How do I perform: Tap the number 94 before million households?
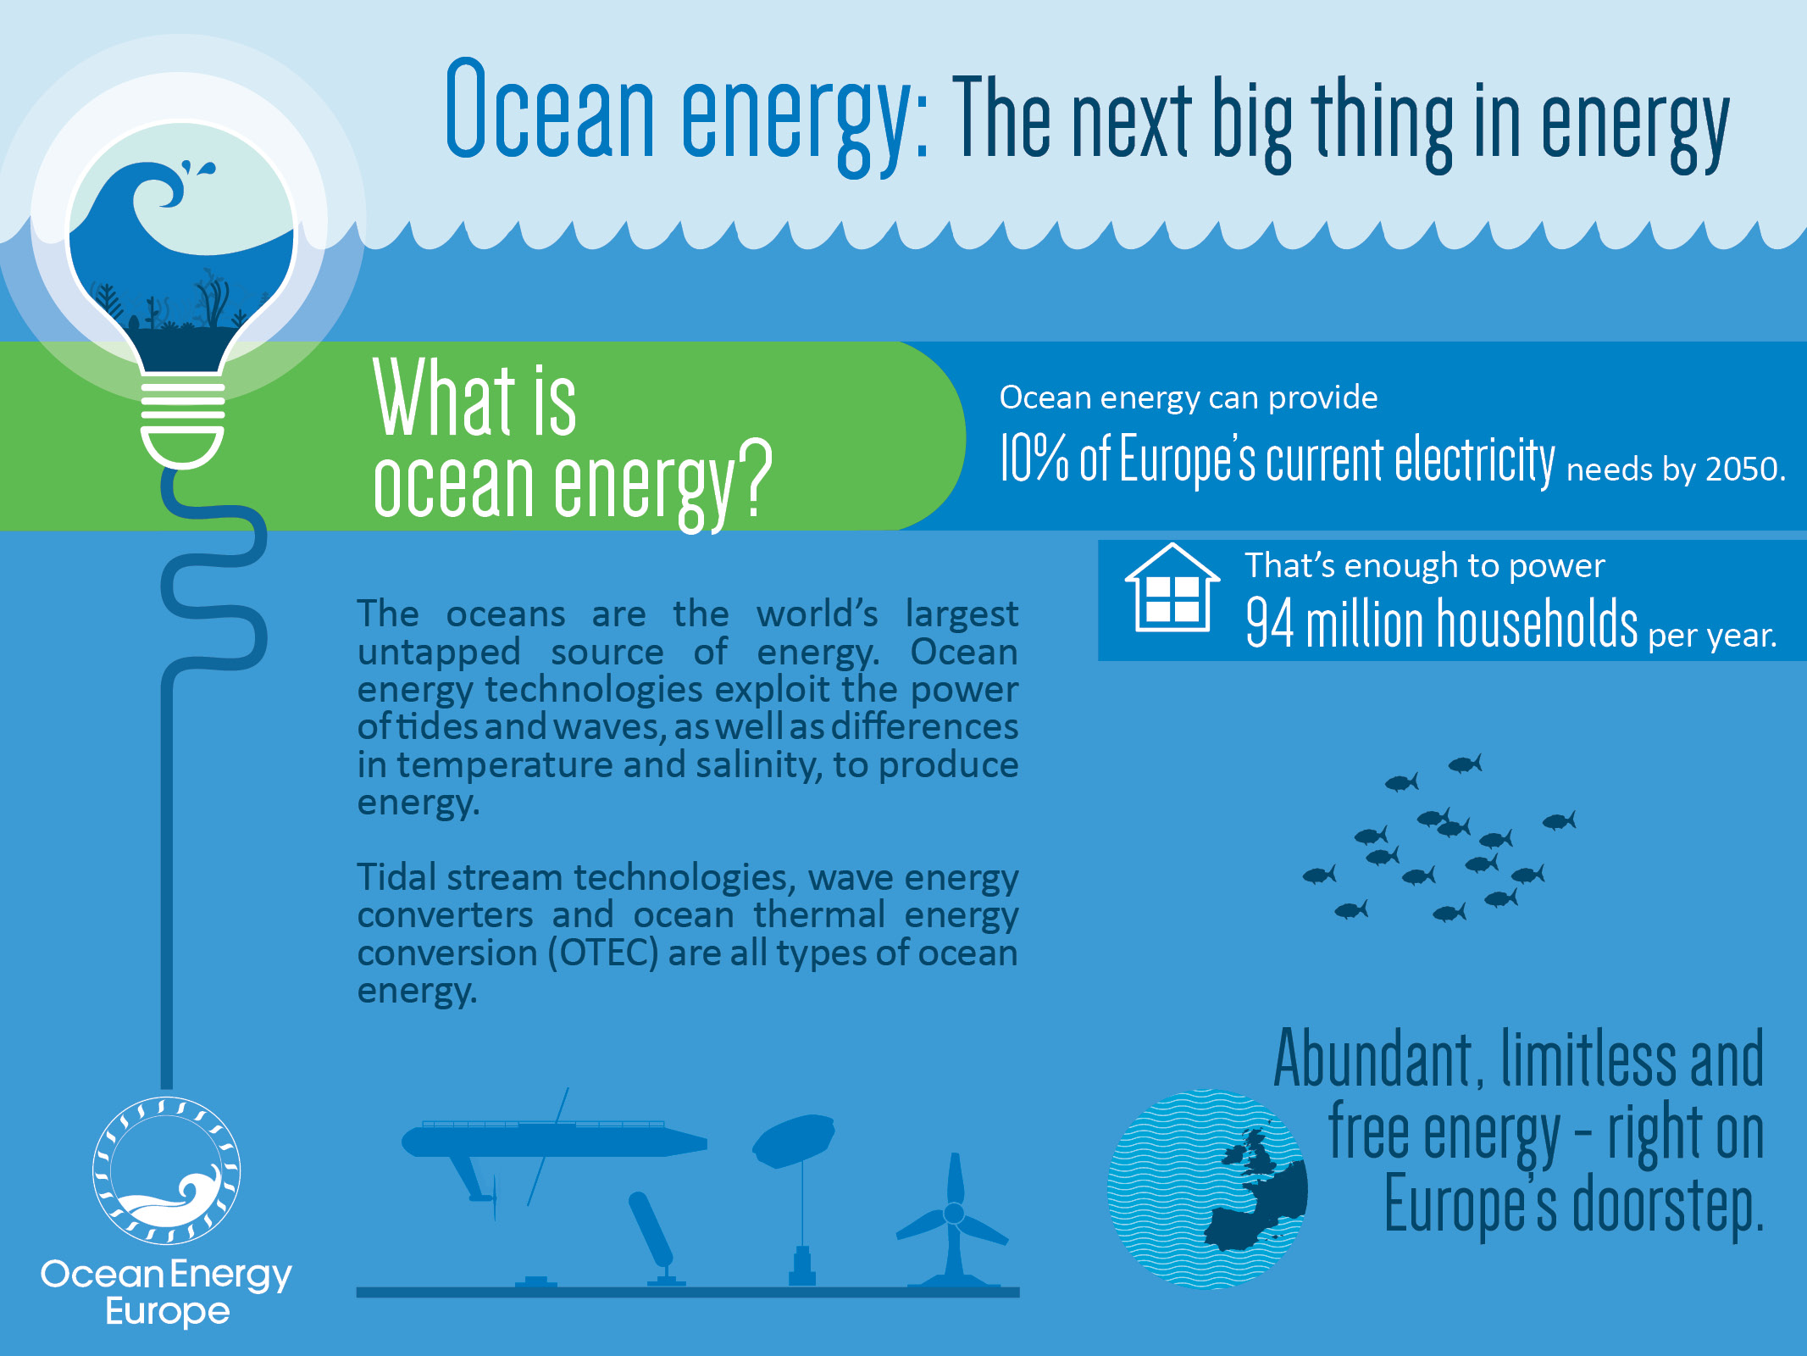coord(1269,623)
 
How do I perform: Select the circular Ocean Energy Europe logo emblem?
coord(166,1170)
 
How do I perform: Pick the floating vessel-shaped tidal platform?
coord(551,1140)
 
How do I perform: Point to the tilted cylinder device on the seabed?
coord(650,1229)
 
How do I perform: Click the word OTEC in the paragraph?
coord(603,953)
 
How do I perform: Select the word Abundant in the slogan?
coord(1377,1059)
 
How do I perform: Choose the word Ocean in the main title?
coord(549,110)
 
